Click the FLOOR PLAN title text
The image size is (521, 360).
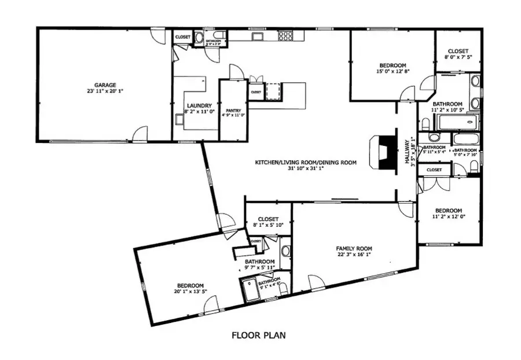pyautogui.click(x=258, y=335)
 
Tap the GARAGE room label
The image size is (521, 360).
pyautogui.click(x=106, y=84)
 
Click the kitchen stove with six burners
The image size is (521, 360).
pyautogui.click(x=286, y=36)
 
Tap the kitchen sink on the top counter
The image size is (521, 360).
pyautogui.click(x=256, y=36)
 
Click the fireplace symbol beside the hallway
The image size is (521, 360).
pyautogui.click(x=381, y=152)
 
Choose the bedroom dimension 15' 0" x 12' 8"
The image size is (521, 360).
pyautogui.click(x=392, y=72)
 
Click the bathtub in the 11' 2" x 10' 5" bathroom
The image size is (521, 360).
pyautogui.click(x=457, y=122)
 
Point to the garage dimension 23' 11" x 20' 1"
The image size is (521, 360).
pyautogui.click(x=106, y=91)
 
